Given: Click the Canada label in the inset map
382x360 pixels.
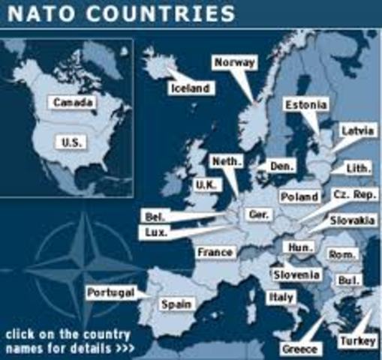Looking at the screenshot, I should pos(73,101).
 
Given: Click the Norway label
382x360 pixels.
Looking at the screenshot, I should pos(235,62).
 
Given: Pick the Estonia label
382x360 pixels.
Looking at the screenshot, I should pos(305,105).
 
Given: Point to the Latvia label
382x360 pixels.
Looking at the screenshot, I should pos(357,131).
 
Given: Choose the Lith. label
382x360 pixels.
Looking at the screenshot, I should pos(356,169).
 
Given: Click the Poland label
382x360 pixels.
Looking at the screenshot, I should pos(299,196).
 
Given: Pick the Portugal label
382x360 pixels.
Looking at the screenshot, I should pos(110,292).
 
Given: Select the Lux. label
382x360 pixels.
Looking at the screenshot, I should pos(158,232).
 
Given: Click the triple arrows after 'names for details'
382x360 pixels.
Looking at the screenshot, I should pos(124,349).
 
